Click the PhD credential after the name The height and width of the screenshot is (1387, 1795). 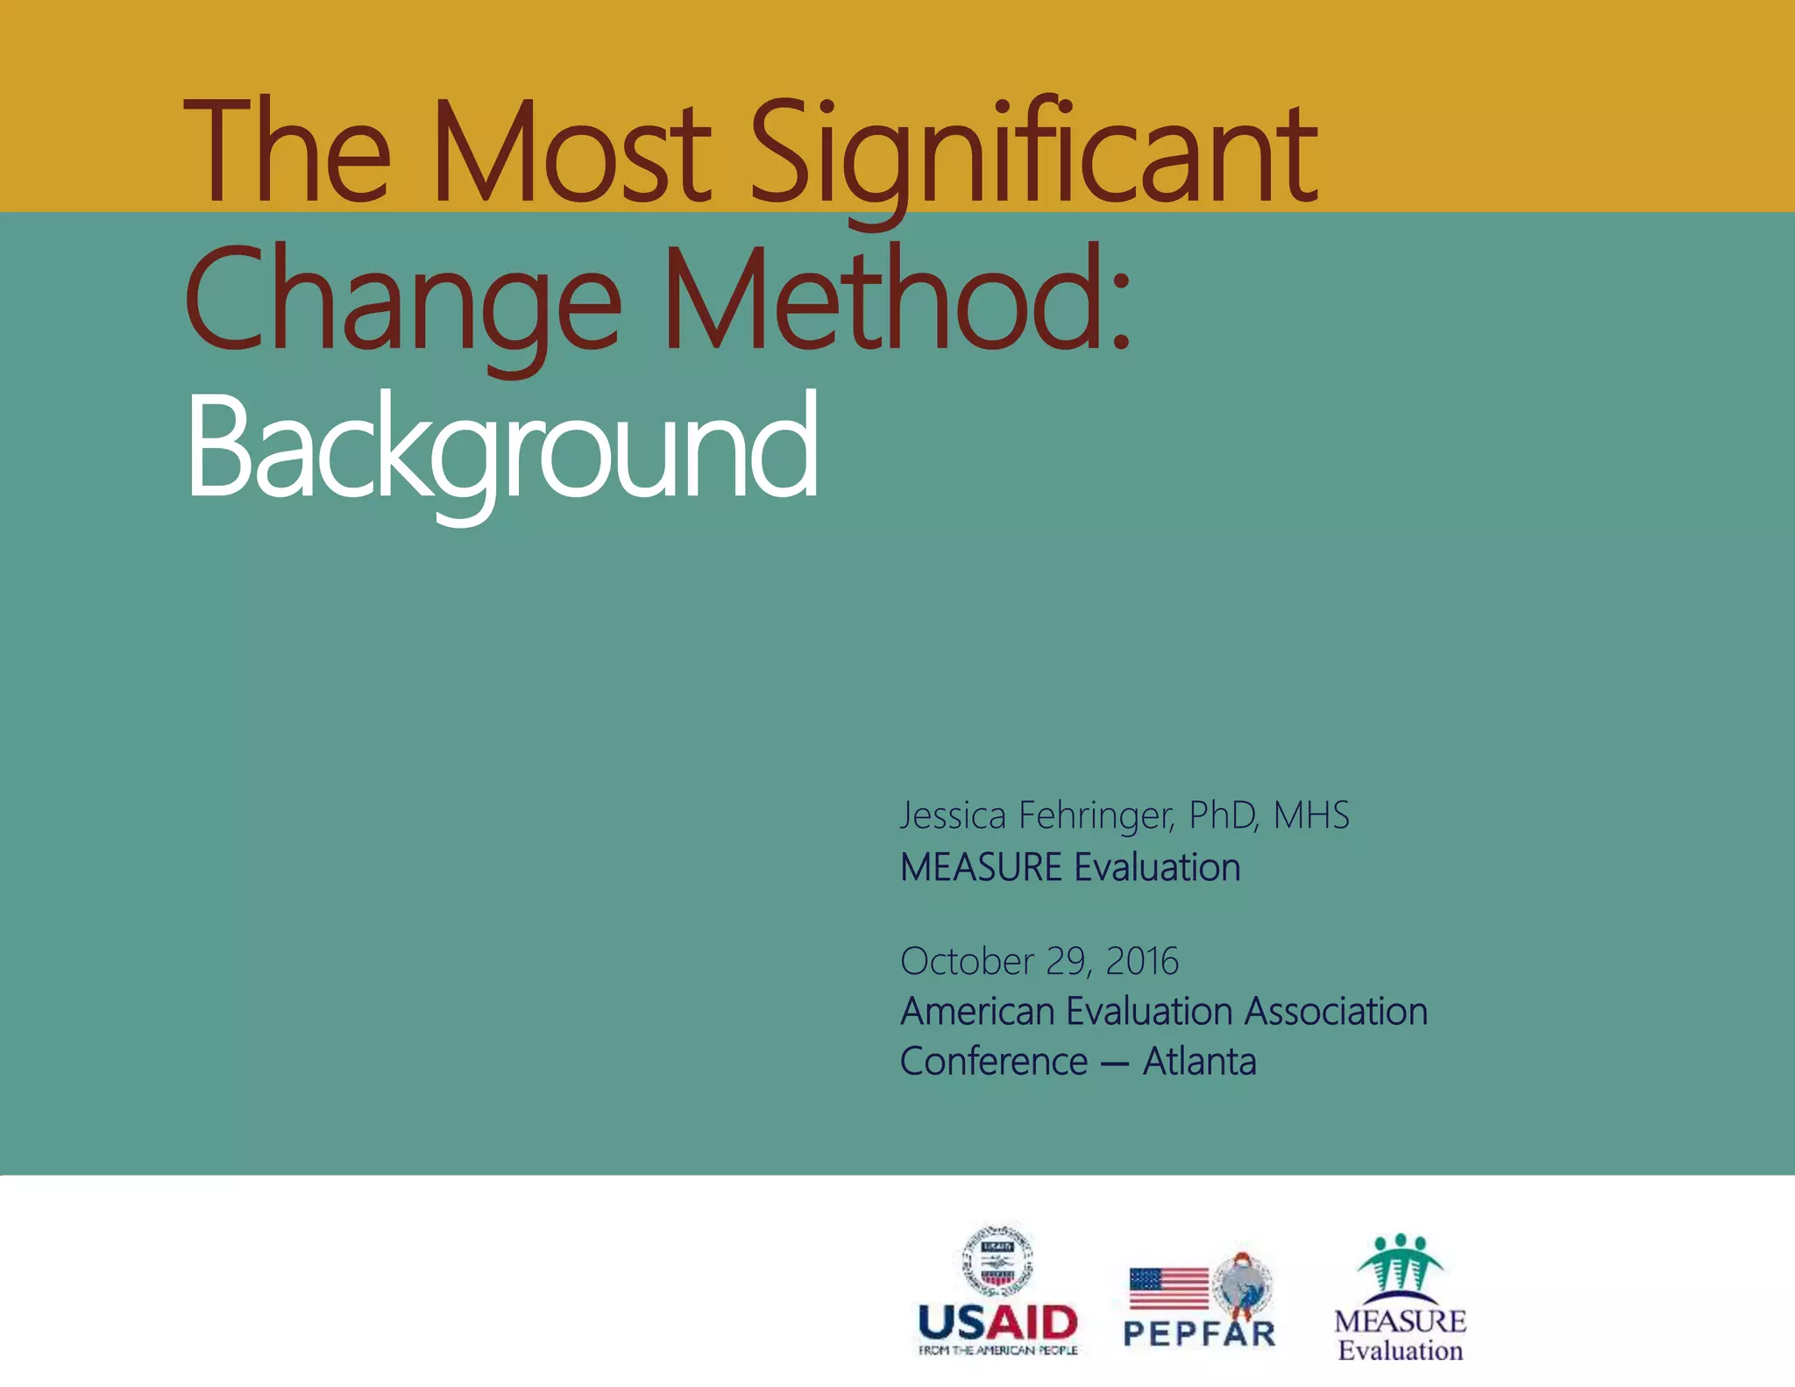(1224, 815)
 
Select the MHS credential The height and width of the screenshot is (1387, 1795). (1311, 815)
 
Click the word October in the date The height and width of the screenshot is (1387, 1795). (967, 961)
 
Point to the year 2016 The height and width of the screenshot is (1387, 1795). (1142, 961)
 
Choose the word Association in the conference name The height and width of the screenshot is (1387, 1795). (1336, 1011)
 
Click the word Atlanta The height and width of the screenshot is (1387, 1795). (1199, 1062)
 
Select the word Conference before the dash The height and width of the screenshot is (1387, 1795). (994, 1062)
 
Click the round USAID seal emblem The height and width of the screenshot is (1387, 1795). (997, 1259)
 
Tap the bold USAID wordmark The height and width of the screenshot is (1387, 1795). (997, 1322)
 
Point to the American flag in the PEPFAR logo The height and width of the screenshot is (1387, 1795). (1169, 1288)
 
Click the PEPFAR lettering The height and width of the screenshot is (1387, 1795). (1199, 1334)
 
